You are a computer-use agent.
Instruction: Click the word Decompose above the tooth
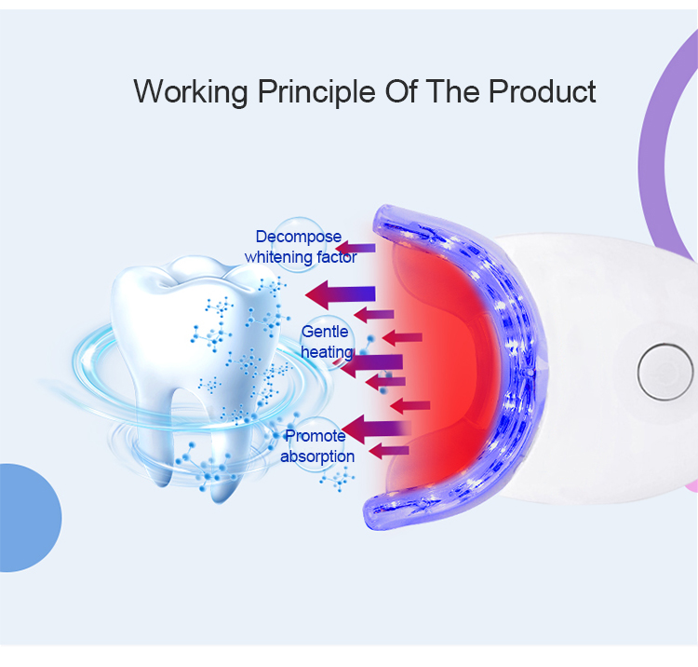(299, 237)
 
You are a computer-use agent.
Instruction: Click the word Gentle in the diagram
(325, 332)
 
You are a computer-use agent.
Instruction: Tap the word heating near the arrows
(327, 351)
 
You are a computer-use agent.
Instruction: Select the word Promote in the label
(315, 436)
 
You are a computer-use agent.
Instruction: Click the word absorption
(317, 456)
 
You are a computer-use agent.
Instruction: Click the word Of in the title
(401, 91)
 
